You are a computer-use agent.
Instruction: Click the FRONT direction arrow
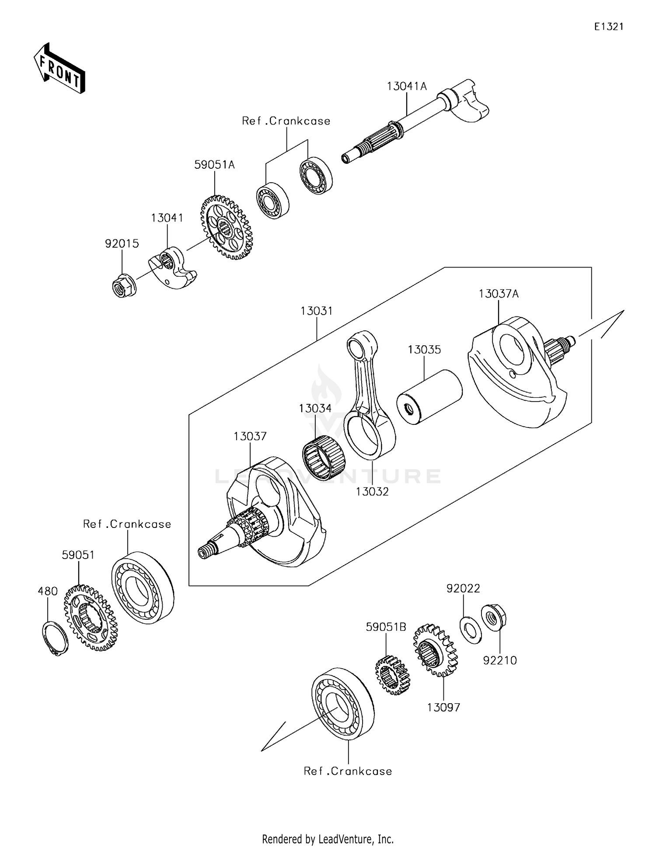coord(59,69)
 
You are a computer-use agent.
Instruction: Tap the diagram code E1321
coord(609,27)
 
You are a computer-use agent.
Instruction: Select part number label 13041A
coord(406,87)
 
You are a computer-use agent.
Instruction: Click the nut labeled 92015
coord(124,286)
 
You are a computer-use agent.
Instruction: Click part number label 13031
coord(317,311)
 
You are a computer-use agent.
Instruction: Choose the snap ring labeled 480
coord(55,639)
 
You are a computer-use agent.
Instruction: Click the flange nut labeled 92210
coord(494,616)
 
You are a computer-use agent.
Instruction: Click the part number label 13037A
coord(499,294)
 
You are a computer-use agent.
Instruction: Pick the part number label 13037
coord(250,436)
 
